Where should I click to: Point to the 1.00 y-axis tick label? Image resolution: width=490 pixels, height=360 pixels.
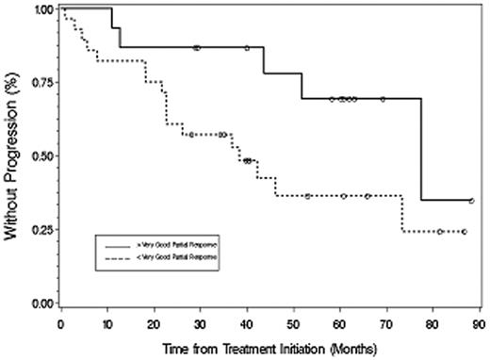pyautogui.click(x=41, y=8)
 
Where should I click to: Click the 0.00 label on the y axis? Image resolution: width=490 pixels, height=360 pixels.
pyautogui.click(x=41, y=303)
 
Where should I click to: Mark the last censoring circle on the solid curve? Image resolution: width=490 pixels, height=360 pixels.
pyautogui.click(x=471, y=201)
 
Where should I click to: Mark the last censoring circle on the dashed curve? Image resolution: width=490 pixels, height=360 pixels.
pyautogui.click(x=464, y=231)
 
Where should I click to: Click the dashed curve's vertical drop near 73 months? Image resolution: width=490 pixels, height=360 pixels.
pyautogui.click(x=402, y=213)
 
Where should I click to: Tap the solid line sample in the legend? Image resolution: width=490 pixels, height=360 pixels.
pyautogui.click(x=118, y=244)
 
